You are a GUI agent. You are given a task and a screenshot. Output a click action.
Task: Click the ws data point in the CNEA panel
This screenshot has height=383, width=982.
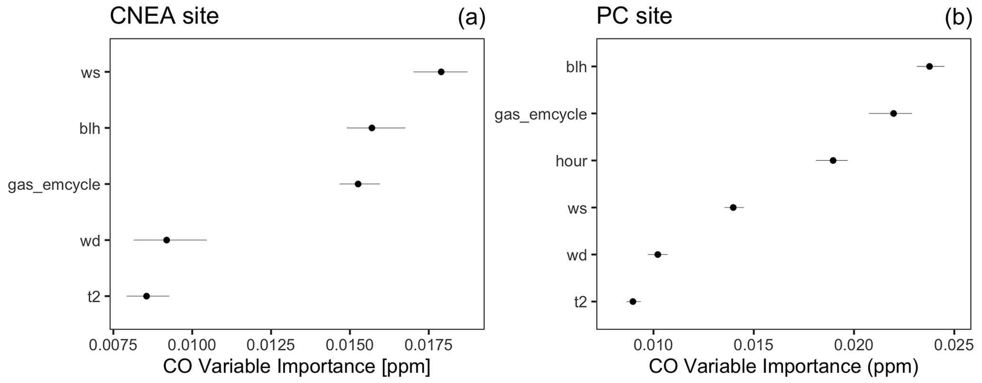coord(441,72)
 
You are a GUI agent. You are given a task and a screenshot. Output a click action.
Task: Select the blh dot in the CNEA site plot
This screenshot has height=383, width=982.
coord(372,128)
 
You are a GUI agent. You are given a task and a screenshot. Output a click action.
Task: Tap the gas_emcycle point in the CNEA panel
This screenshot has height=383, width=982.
coord(358,184)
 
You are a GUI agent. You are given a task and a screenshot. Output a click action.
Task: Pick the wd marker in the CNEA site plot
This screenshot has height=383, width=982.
coord(166,240)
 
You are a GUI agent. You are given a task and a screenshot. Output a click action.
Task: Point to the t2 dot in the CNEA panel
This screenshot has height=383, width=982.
coord(146,296)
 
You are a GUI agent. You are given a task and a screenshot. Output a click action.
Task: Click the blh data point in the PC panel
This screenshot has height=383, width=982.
coord(929,66)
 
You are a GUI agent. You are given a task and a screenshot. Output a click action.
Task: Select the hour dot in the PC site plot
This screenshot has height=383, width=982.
coord(833,160)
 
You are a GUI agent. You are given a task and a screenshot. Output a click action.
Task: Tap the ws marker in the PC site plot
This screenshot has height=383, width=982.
coord(733,207)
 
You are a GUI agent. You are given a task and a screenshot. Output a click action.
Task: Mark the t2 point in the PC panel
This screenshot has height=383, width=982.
coord(633,301)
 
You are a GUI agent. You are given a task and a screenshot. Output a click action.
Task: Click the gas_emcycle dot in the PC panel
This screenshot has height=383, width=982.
coord(893,113)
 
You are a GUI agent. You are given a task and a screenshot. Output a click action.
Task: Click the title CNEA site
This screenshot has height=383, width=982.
coord(164,16)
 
